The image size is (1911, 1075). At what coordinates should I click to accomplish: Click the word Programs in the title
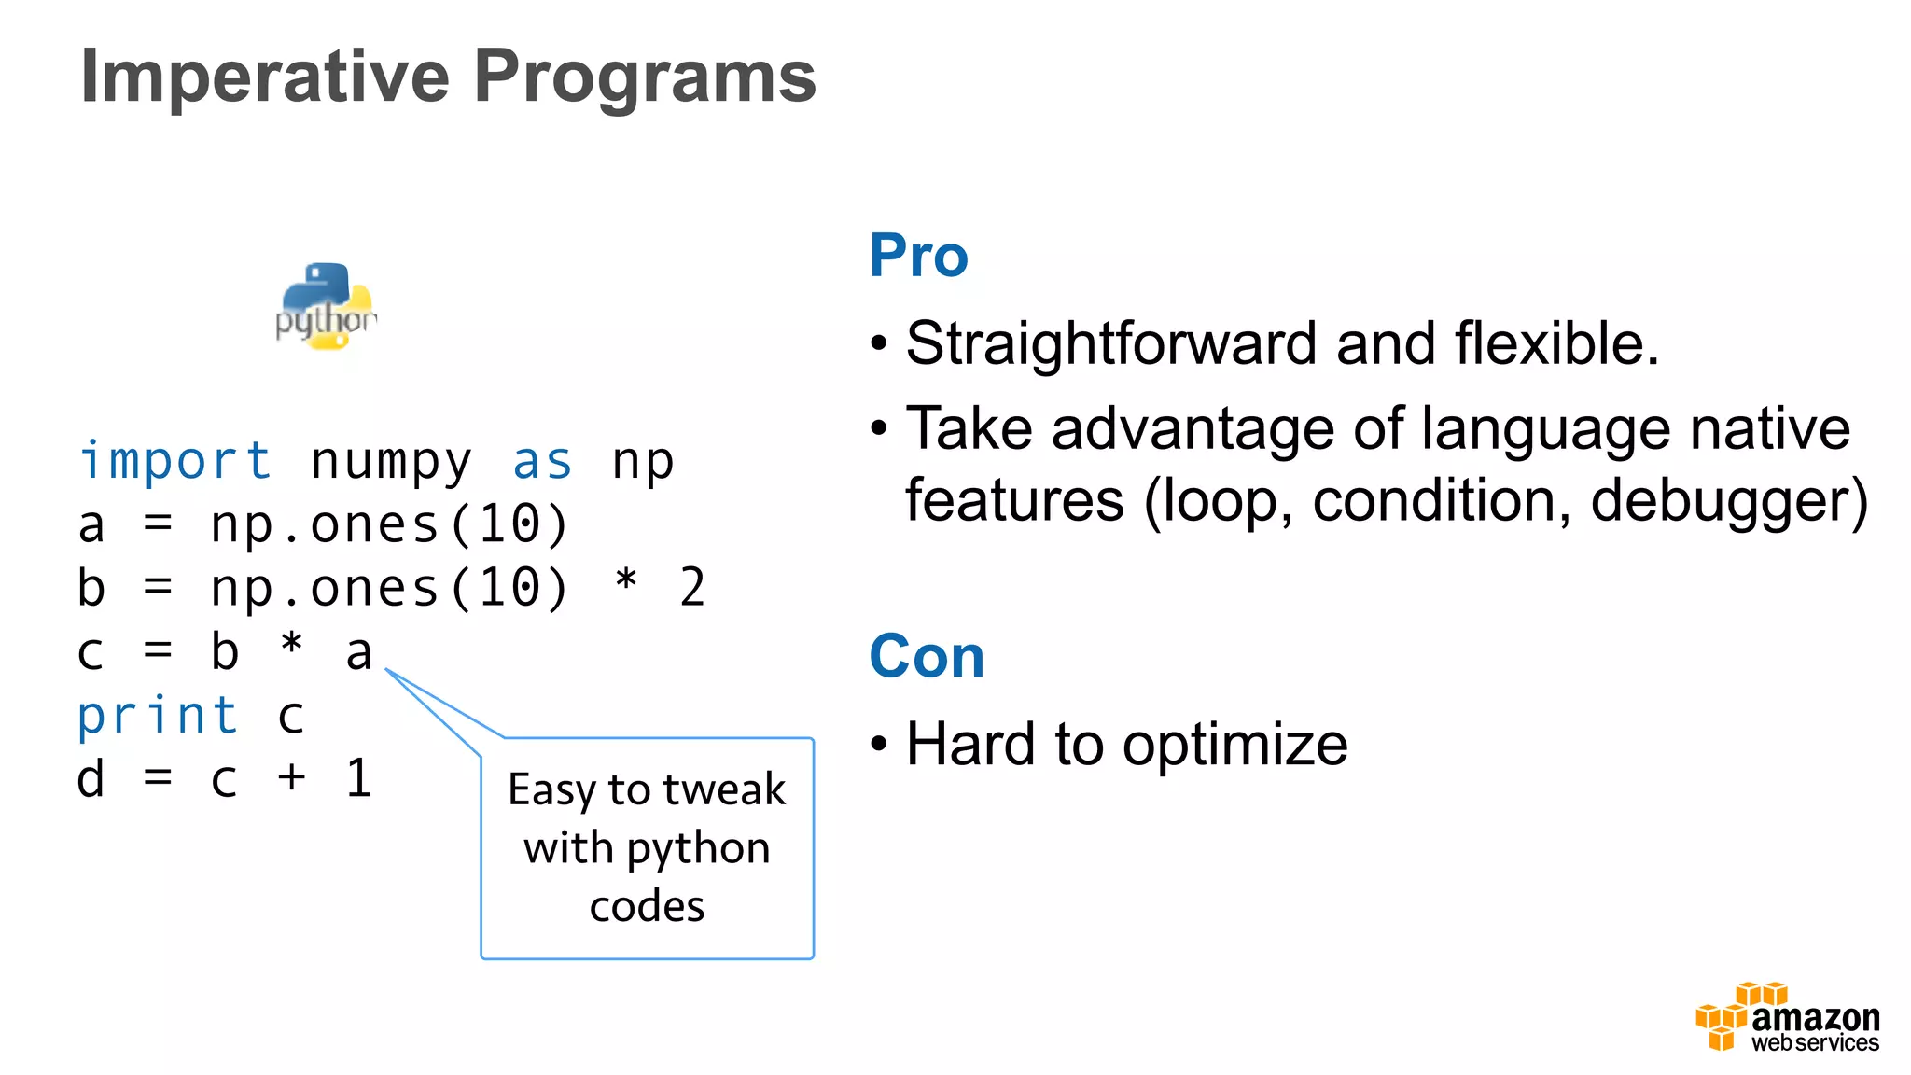644,77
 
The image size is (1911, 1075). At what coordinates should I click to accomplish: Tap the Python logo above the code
326,307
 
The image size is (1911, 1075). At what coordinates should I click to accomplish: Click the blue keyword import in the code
175,461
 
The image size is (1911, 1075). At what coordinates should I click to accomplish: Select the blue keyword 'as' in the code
542,461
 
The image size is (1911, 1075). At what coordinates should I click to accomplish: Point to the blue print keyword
158,717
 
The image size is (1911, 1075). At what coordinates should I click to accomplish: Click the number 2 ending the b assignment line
692,588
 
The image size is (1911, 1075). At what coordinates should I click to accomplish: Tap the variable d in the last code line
91,778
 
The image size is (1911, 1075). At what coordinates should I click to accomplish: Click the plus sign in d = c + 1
291,778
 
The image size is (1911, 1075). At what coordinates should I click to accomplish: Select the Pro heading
918,256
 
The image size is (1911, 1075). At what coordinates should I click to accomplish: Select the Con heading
926,656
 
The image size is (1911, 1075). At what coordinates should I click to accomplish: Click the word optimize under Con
1234,746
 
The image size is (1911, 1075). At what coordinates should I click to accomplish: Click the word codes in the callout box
647,906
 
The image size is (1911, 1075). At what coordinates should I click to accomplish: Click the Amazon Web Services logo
1787,1018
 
